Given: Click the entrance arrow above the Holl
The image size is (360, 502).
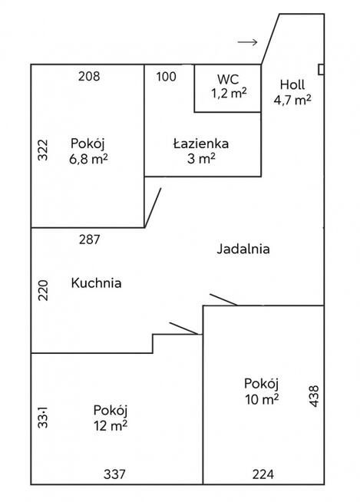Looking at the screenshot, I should tap(248, 41).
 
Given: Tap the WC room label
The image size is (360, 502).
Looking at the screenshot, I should tap(229, 78).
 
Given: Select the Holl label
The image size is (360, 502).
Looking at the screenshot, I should tap(292, 84).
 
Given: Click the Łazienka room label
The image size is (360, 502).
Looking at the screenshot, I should tap(201, 143).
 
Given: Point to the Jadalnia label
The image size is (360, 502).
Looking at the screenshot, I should tap(244, 249).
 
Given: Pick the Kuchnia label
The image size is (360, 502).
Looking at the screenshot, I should tap(96, 282).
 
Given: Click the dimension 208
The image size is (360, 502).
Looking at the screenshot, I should tap(89, 76).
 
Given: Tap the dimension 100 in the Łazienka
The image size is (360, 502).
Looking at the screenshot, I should tap(166, 76).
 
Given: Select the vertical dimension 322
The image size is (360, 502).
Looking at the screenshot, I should tap(43, 150).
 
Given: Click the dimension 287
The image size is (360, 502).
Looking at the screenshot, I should tap(90, 239).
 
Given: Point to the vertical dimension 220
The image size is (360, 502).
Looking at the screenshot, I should tap(43, 289).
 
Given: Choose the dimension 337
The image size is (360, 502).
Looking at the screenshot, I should tap(114, 474).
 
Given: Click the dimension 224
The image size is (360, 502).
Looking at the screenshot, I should tap(263, 474).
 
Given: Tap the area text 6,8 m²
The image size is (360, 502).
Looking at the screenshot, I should tap(88, 159).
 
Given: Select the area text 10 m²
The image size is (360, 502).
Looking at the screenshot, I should tap(261, 398).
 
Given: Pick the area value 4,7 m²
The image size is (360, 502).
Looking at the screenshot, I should tap(292, 98).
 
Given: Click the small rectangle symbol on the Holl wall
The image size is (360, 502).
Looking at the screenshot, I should tap(321, 70).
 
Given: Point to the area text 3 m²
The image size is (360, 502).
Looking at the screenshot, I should tap(201, 158).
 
